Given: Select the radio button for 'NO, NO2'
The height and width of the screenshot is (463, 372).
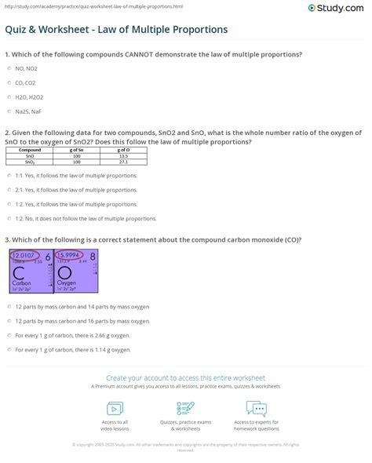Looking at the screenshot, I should click(8, 68).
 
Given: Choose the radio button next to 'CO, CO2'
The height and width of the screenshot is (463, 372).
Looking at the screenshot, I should click(8, 82).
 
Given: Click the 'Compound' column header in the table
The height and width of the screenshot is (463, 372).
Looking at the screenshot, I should click(31, 149).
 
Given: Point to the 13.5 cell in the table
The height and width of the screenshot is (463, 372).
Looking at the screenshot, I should click(123, 155).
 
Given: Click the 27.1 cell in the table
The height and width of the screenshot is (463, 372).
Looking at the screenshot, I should click(123, 162).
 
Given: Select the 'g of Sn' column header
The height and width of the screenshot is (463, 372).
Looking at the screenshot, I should click(77, 149).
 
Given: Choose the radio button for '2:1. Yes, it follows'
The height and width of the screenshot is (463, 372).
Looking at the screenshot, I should click(8, 190).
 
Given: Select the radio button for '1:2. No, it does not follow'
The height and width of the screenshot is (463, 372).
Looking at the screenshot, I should click(8, 218).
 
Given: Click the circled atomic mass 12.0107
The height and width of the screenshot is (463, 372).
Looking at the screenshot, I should click(23, 255).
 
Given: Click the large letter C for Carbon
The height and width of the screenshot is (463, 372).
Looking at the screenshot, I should click(19, 275).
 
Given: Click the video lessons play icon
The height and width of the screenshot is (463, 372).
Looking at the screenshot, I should click(115, 409).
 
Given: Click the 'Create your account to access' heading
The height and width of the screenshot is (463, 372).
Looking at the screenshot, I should click(186, 377).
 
